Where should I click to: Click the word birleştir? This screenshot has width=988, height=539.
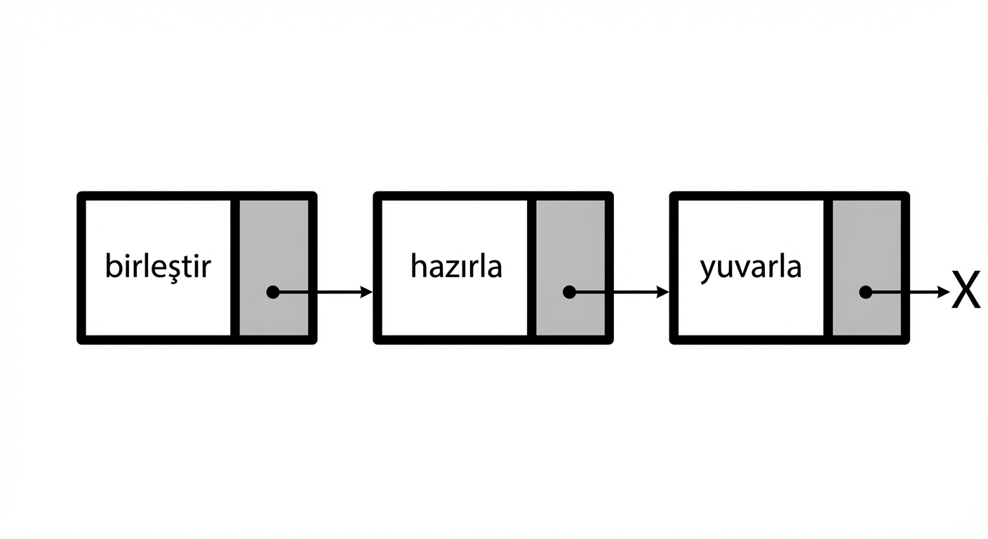coord(158,266)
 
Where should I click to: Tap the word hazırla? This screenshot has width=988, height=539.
coord(456,265)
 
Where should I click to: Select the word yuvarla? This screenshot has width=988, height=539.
coord(751,267)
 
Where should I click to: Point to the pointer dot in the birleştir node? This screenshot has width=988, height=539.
coord(273,292)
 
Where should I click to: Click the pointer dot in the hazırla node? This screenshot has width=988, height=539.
coord(569,292)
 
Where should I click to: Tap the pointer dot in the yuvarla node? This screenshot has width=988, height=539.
coord(866,292)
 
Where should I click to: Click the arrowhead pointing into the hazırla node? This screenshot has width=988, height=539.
coord(366,292)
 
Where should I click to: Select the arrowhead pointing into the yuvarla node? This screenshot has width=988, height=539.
coord(663,292)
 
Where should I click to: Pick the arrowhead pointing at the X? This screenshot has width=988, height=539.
coord(944,292)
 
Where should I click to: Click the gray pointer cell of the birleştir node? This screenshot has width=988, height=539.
coord(274,267)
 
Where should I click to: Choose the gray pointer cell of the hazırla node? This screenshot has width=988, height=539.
coord(570,267)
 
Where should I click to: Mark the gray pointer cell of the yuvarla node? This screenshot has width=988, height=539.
coord(867,267)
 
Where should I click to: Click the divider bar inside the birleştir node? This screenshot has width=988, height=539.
coord(235,267)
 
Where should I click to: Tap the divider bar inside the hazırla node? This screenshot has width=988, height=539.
coord(531,267)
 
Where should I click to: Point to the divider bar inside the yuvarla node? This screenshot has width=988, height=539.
coord(828,267)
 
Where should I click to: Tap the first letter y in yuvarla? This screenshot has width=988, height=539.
coord(707,271)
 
